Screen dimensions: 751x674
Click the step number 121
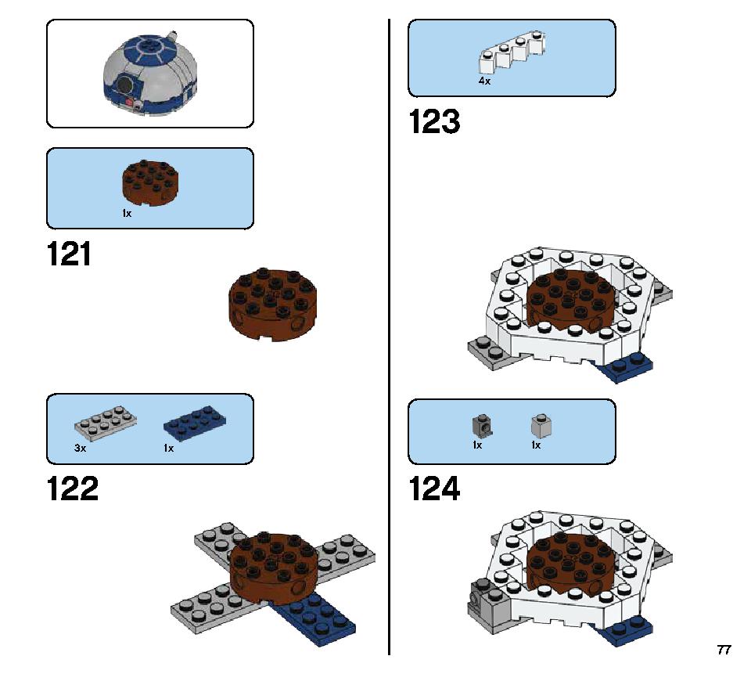(x=69, y=254)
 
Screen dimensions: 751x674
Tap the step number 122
(x=73, y=489)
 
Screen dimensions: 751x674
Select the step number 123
(x=434, y=122)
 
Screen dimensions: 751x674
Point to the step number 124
(x=434, y=489)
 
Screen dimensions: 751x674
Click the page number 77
(x=724, y=650)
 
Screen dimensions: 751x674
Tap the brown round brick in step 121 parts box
(x=150, y=183)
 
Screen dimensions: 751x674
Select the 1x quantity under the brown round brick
(x=127, y=214)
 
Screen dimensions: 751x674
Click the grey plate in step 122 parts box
(x=106, y=423)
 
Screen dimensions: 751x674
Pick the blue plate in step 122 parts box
(x=195, y=423)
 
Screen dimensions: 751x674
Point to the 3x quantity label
(x=80, y=449)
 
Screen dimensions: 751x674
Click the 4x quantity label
(x=484, y=81)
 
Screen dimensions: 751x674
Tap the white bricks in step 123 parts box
(x=512, y=52)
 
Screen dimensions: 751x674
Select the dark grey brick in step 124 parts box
(x=483, y=426)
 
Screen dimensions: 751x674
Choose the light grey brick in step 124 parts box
(x=541, y=426)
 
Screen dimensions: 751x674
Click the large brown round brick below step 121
(x=273, y=305)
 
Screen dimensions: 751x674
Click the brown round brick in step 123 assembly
(x=570, y=300)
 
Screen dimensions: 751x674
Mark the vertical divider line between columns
(x=389, y=337)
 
